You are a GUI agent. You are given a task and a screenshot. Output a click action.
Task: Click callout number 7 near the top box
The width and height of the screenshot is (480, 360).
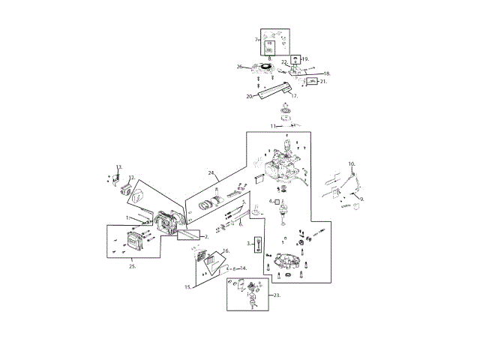(x=256, y=39)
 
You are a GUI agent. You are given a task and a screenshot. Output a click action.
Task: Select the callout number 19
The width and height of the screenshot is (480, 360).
(x=305, y=58)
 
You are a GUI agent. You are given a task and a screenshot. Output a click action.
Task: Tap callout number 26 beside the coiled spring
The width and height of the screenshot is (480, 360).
(x=240, y=67)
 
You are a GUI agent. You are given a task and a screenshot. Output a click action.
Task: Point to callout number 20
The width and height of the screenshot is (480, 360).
(x=249, y=97)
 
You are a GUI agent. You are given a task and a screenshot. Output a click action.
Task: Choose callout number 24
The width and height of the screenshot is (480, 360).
(x=211, y=173)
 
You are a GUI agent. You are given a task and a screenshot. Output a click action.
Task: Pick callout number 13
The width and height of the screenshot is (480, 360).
(x=118, y=166)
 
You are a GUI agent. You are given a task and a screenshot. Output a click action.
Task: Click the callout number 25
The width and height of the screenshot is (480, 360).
(x=132, y=265)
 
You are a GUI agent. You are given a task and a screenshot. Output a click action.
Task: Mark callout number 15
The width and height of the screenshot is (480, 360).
(x=188, y=286)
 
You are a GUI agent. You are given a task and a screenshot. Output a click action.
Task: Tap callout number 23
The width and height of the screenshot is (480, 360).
(x=277, y=295)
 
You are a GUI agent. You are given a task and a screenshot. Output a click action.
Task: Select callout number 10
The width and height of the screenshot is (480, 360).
(x=351, y=163)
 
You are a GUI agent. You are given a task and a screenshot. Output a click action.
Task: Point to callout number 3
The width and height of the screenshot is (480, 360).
(x=248, y=244)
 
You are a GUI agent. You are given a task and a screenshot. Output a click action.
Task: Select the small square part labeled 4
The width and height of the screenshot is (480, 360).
(x=277, y=202)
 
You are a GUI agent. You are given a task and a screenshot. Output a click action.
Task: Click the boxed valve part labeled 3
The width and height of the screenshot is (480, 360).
(x=257, y=244)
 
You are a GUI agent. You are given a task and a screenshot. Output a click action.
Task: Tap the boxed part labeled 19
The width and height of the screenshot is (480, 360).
(x=295, y=58)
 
